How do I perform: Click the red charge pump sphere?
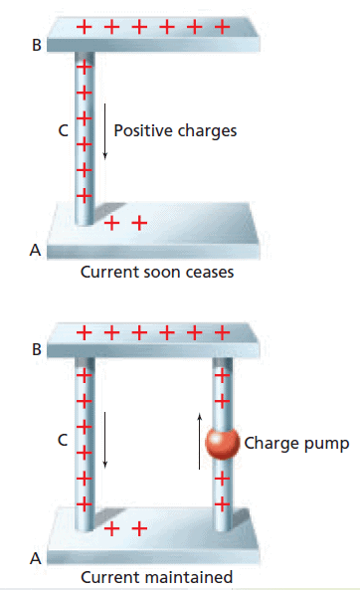point(223,443)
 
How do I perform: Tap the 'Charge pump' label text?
point(296,444)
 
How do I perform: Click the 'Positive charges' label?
point(175,131)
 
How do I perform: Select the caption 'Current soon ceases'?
point(157,272)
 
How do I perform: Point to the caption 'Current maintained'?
point(157,577)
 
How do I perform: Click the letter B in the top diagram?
point(37,45)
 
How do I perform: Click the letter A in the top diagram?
point(35,250)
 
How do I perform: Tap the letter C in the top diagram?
point(64,131)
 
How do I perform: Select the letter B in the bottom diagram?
point(37,350)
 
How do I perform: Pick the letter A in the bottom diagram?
point(36,558)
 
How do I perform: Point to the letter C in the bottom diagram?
point(63,440)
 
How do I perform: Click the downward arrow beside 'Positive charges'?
point(105,131)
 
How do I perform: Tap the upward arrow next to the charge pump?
point(199,442)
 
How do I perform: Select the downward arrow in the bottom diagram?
point(105,440)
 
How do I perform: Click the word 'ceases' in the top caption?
point(210,272)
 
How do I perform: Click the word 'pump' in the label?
point(327,445)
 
